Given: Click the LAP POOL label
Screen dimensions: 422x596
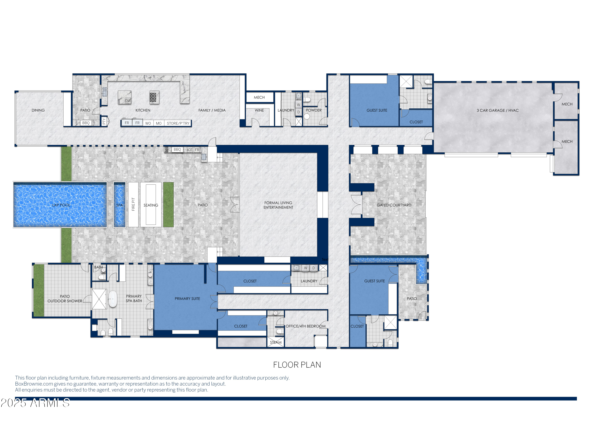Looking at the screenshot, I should (x=61, y=205).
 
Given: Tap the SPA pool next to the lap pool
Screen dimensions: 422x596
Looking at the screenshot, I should (x=119, y=205).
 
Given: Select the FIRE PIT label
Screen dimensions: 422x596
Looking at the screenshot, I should (x=133, y=204).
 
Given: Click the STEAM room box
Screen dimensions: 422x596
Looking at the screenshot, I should (x=276, y=342).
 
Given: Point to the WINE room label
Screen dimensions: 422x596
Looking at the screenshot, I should (x=259, y=110).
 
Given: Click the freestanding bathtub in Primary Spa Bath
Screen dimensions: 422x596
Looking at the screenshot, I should (x=113, y=299).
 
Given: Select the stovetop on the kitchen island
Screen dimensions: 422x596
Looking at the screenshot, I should (x=154, y=97).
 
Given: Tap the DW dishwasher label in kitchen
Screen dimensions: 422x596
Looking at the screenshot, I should (x=128, y=101).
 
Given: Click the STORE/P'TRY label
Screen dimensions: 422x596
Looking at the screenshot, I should (x=178, y=123).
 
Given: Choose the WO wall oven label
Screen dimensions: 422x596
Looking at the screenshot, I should (x=148, y=123).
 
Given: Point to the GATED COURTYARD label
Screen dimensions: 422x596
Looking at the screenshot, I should (x=394, y=205).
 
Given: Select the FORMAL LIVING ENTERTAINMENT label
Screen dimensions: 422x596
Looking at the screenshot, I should (x=278, y=205).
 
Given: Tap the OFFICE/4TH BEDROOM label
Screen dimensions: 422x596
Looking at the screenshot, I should (x=306, y=326).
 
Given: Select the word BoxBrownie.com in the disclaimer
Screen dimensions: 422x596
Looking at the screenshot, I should (x=34, y=384).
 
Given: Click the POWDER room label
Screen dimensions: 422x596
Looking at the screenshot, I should (x=313, y=110).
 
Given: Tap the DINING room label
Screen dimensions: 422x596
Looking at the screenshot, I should (x=38, y=110).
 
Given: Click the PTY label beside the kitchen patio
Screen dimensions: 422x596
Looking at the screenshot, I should (x=104, y=121).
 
